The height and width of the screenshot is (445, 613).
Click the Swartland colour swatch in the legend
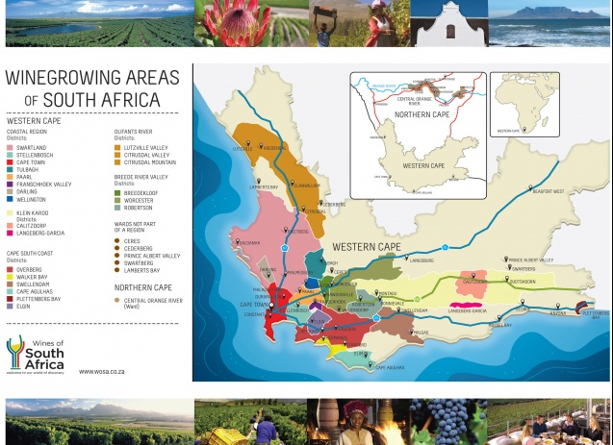pyautogui.click(x=11, y=147)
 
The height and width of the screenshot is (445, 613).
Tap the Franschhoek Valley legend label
pyautogui.click(x=44, y=184)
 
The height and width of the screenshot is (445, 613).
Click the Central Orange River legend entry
pyautogui.click(x=153, y=301)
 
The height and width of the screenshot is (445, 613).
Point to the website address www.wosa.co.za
pyautogui.click(x=99, y=371)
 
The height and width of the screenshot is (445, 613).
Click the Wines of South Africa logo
pyautogui.click(x=36, y=354)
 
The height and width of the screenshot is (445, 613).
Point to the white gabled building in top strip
pyautogui.click(x=448, y=23)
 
